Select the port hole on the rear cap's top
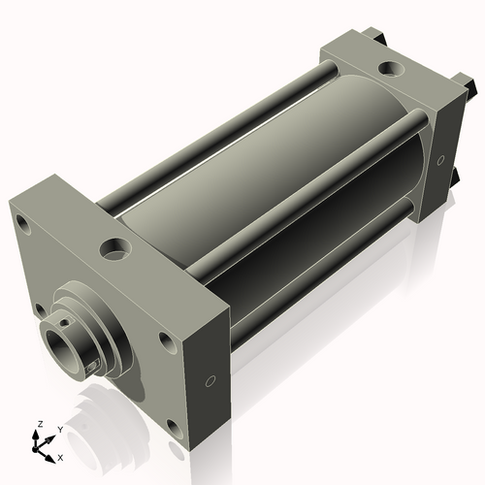click(390, 69)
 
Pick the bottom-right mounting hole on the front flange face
click(173, 427)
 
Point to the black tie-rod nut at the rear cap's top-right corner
click(469, 89)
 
